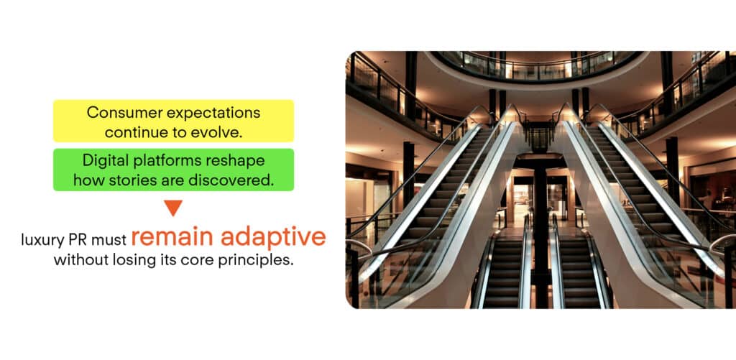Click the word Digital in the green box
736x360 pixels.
point(102,161)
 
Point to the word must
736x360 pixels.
point(109,240)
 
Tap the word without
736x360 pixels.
point(80,260)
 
